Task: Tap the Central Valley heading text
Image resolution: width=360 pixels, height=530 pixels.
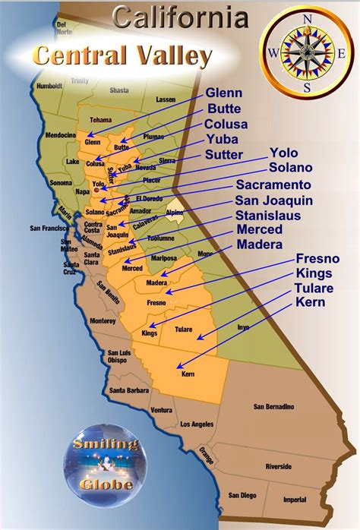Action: click(x=122, y=55)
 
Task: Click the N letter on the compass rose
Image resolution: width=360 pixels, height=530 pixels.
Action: click(x=307, y=18)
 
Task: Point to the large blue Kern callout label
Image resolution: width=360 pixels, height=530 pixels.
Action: click(x=310, y=302)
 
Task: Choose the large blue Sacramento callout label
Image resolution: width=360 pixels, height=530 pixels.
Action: click(x=273, y=185)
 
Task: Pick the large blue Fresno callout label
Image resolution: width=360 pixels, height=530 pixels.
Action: click(x=317, y=259)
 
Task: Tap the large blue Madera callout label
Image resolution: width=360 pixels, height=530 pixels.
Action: click(x=260, y=244)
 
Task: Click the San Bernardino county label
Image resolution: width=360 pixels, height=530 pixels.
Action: click(x=275, y=407)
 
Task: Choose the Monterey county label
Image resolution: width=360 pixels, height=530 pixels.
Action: click(x=103, y=321)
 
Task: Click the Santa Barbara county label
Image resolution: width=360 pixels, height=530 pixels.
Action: click(x=128, y=390)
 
